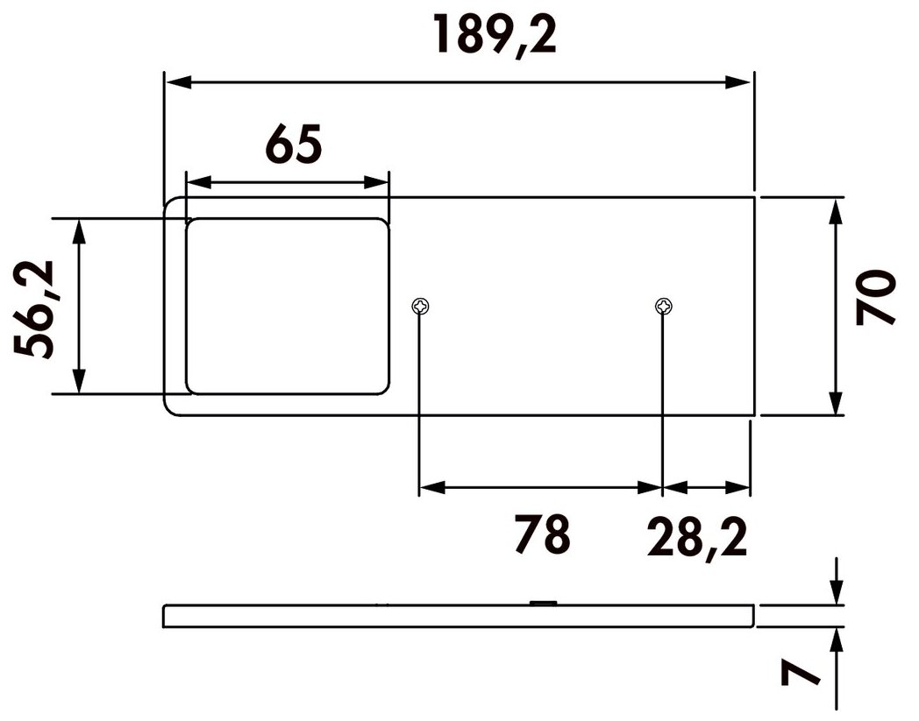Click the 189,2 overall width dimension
494,35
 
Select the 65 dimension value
294,144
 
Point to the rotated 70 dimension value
876,297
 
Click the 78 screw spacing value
542,534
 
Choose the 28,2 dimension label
697,538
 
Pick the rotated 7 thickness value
800,671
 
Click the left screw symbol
420,305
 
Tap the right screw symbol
664,305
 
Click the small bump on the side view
543,602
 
